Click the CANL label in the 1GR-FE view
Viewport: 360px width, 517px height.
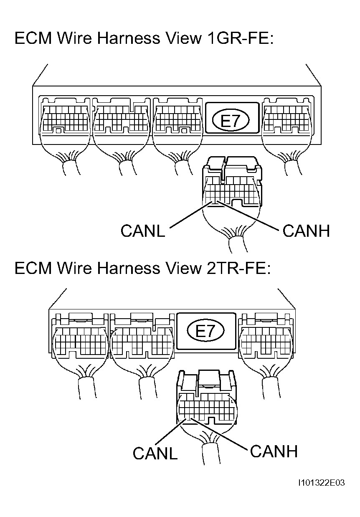pos(142,231)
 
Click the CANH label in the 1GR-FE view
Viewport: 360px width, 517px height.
pos(306,231)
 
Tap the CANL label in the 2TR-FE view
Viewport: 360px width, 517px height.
pos(155,453)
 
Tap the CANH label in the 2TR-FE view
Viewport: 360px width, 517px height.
pos(274,451)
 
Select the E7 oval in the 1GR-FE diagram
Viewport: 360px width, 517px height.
pos(231,122)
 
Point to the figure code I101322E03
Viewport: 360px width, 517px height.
pos(321,483)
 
